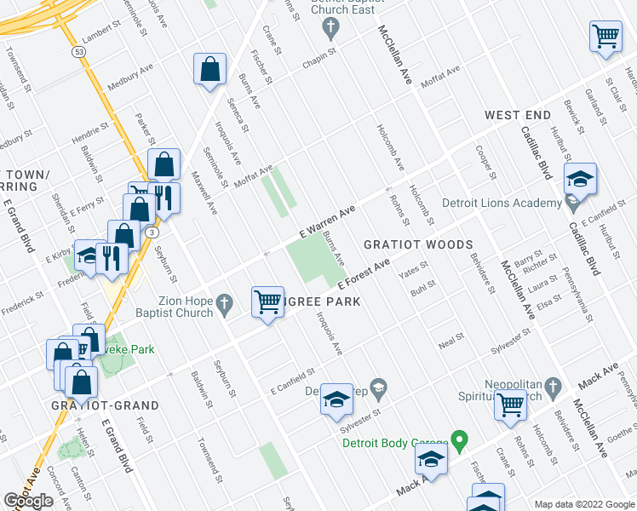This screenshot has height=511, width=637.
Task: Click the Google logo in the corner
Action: click(28, 501)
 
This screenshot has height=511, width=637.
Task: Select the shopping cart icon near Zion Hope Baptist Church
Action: click(268, 301)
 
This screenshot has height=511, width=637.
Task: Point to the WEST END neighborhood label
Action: click(518, 114)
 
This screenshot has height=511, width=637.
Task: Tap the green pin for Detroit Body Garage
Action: click(460, 441)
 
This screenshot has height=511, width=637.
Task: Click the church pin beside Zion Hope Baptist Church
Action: click(224, 302)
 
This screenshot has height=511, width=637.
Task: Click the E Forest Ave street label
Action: click(364, 274)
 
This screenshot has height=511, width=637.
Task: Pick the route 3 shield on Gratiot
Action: click(151, 232)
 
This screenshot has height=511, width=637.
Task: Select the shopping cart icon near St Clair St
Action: click(605, 37)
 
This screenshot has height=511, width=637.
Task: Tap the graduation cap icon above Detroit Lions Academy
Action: click(580, 180)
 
